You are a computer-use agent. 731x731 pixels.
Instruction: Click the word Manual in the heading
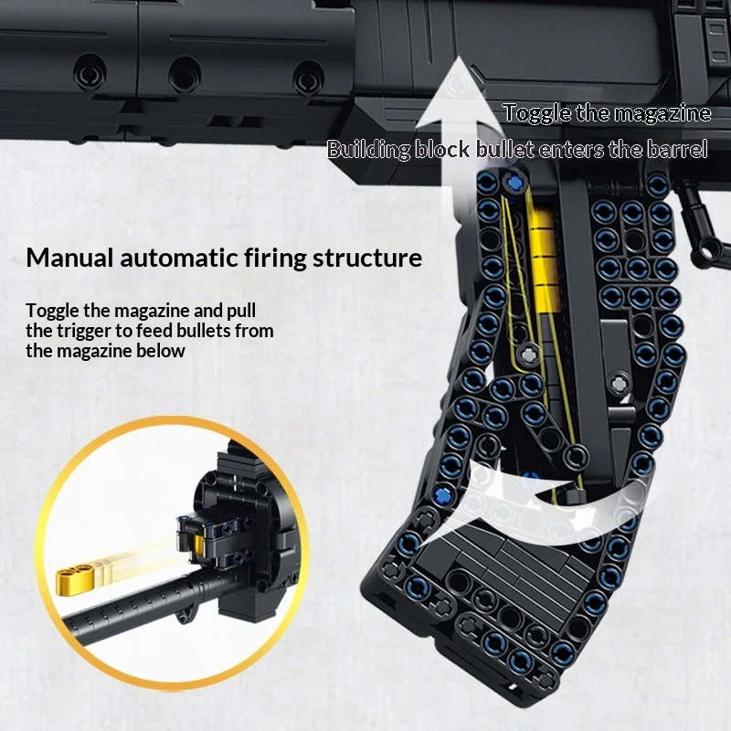click(x=70, y=258)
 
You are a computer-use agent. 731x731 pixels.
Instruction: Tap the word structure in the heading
click(x=367, y=258)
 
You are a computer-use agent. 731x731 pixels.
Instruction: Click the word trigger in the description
click(x=84, y=331)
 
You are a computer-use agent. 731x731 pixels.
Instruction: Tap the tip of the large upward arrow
click(x=460, y=57)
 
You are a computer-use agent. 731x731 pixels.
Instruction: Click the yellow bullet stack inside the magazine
click(x=545, y=261)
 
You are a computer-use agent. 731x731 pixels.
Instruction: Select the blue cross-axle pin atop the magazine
click(x=514, y=183)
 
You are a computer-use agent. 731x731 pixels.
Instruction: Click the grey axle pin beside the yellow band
click(x=529, y=355)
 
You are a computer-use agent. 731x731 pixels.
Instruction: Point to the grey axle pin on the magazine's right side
click(x=620, y=384)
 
